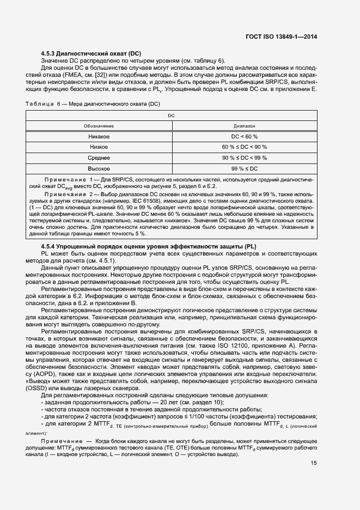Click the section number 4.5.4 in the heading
(x=50, y=247)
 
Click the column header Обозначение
(x=99, y=125)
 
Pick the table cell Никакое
(x=99, y=136)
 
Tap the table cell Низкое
(x=99, y=147)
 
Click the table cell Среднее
(x=99, y=158)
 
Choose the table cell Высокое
(x=99, y=169)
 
